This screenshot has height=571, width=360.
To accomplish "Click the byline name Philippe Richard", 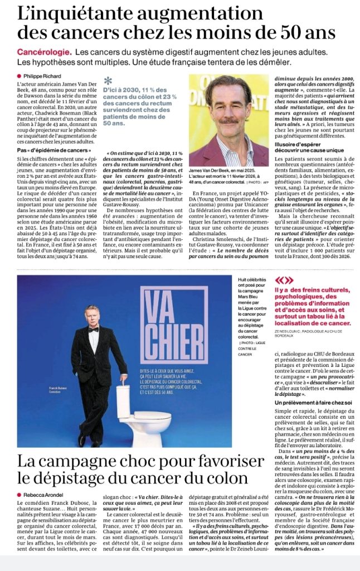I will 41,76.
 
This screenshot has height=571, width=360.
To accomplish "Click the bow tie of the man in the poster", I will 93,330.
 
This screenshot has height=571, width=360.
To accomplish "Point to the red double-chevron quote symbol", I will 284,280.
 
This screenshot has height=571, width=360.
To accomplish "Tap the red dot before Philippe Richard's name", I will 18,76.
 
